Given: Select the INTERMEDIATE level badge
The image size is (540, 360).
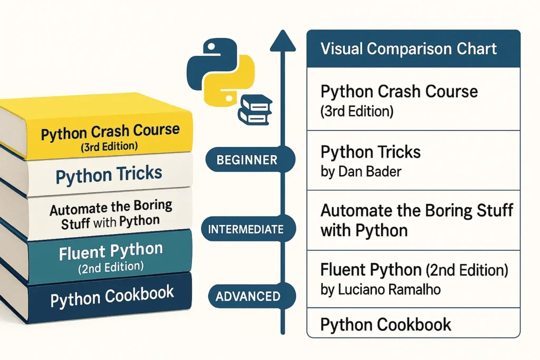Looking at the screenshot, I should click(246, 229).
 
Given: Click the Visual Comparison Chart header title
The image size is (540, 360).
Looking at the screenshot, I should click(408, 49).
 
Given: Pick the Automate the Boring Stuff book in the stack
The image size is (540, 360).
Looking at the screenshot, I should click(111, 215).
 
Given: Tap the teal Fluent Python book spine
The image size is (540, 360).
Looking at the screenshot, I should click(111, 255).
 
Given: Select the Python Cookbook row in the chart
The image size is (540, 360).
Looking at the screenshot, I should click(385, 324).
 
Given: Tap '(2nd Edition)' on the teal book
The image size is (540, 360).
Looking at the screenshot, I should click(111, 267).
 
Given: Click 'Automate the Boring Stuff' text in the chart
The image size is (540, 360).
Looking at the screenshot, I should click(417, 211).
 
